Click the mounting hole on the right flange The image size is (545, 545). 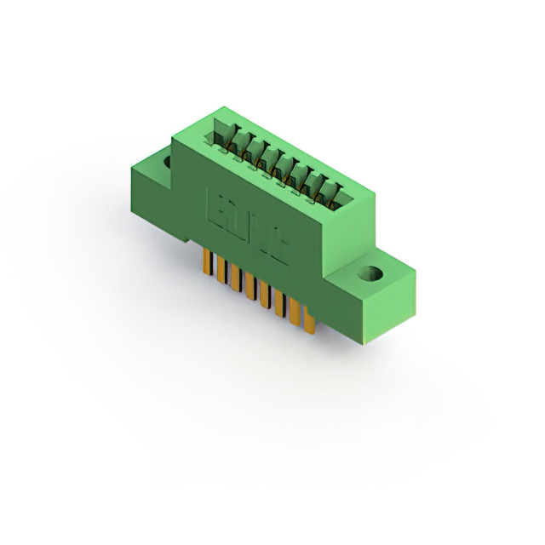(370, 275)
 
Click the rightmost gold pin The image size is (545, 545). (311, 321)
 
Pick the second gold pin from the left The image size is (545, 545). (221, 272)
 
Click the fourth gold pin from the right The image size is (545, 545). (266, 297)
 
